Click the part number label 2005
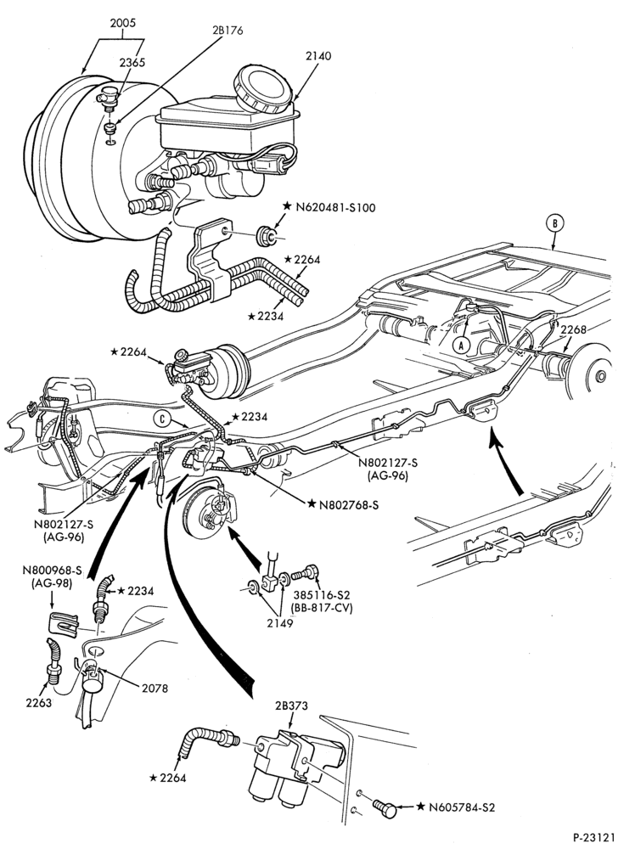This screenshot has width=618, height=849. pyautogui.click(x=122, y=23)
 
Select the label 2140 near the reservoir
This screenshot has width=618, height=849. pyautogui.click(x=318, y=56)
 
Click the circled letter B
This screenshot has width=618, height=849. pyautogui.click(x=555, y=223)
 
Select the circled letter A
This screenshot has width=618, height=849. pyautogui.click(x=461, y=344)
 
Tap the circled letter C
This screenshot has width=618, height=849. pyautogui.click(x=161, y=418)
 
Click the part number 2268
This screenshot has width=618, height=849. pyautogui.click(x=574, y=329)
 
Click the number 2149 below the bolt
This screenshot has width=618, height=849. pyautogui.click(x=279, y=623)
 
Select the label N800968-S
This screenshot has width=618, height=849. pyautogui.click(x=53, y=571)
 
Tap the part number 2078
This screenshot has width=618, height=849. pyautogui.click(x=154, y=689)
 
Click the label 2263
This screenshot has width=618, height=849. pyautogui.click(x=38, y=703)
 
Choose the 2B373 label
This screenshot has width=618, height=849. pyautogui.click(x=292, y=706)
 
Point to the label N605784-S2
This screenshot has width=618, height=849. pyautogui.click(x=462, y=807)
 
